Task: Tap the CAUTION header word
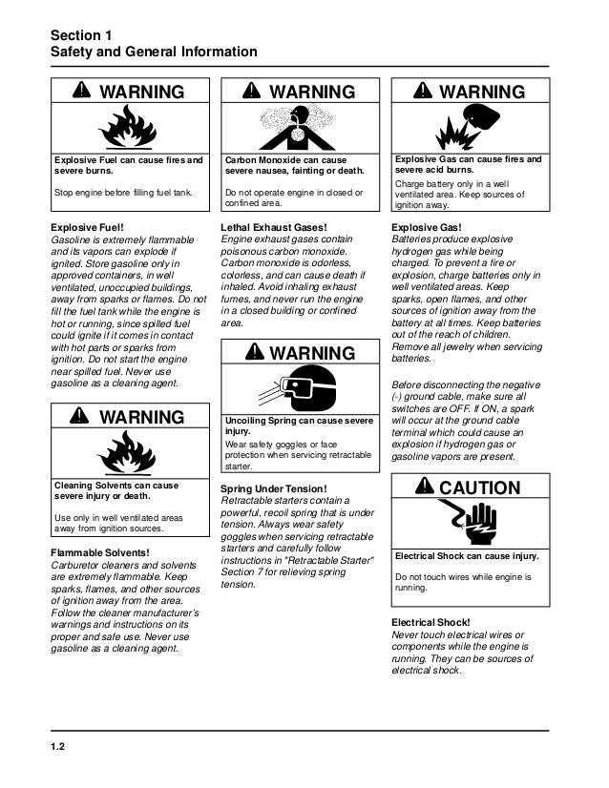(x=479, y=488)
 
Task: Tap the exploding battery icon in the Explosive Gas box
(x=468, y=124)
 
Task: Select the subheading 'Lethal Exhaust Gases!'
(x=274, y=227)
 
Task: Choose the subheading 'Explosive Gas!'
(x=428, y=227)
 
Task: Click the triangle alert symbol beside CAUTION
(x=424, y=488)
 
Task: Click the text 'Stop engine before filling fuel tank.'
(x=122, y=194)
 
